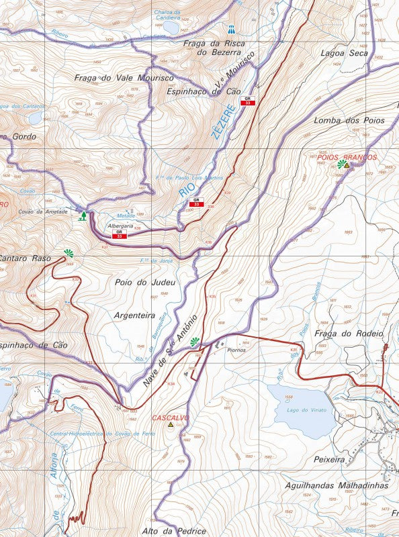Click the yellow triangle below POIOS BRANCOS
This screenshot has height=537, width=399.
coord(347,165)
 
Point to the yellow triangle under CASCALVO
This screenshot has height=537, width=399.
coord(171,425)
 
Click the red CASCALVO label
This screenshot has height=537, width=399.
coord(171,418)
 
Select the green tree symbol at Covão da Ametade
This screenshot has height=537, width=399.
coord(83,215)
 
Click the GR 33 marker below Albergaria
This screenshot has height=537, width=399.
coord(119,234)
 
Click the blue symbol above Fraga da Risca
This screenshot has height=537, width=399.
coord(231,29)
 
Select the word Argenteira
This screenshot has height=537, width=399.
coord(135,314)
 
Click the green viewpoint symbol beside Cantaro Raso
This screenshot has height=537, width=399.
coord(68,253)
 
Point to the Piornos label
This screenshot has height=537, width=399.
coord(236,349)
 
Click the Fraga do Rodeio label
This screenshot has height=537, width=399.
coord(348,334)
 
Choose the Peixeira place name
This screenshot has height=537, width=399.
coord(328,460)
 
